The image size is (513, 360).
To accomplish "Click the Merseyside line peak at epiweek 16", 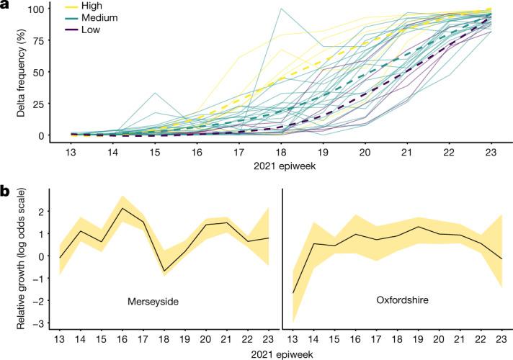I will (122, 209).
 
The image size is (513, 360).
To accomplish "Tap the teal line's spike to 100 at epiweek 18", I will (280, 9).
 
